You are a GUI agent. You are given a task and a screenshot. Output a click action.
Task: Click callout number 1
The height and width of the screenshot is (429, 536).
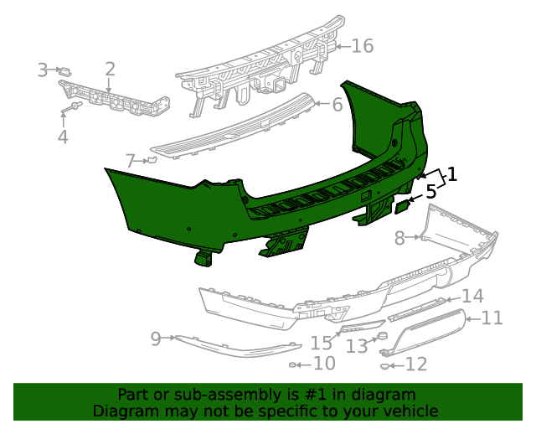[452, 175]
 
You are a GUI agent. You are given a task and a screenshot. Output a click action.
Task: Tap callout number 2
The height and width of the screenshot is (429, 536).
[110, 70]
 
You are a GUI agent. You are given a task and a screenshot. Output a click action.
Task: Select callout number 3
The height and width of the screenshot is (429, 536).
[43, 70]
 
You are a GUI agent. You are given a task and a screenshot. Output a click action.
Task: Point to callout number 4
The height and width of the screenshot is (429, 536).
[63, 137]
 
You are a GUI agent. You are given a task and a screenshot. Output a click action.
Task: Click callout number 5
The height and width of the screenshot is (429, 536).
[431, 192]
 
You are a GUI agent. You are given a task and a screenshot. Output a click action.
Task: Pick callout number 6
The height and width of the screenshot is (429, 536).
[337, 105]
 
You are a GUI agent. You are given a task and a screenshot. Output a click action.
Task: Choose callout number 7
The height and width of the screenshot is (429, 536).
[130, 160]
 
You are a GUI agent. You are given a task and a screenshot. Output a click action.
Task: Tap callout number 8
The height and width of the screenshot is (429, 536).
[399, 238]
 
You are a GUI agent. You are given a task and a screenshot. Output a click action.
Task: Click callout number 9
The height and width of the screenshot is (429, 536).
[155, 339]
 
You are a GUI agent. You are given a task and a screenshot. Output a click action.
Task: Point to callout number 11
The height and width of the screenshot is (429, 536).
[492, 318]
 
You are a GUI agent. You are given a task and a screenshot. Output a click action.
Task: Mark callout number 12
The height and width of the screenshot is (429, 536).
[416, 364]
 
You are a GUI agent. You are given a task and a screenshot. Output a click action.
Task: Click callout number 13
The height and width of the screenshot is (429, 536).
[357, 344]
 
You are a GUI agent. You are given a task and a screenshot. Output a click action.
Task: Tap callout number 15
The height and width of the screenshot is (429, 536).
[322, 343]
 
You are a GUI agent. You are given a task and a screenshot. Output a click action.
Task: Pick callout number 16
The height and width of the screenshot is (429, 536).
[362, 45]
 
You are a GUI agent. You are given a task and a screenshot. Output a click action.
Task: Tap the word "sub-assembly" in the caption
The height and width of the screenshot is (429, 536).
[211, 395]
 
